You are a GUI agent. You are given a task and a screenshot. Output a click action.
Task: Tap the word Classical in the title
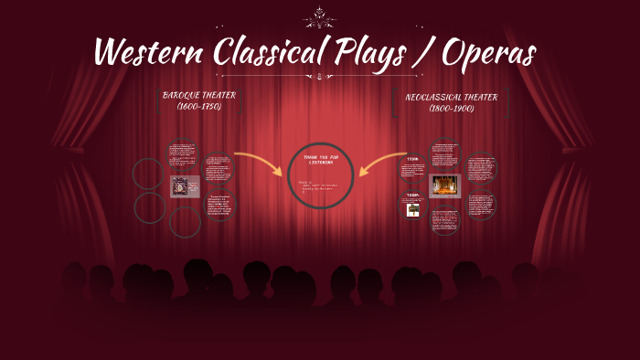pyautogui.click(x=273, y=53)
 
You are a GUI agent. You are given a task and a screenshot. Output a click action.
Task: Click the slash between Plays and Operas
pyautogui.click(x=426, y=53)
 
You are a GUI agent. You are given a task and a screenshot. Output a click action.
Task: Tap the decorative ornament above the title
pyautogui.click(x=319, y=16)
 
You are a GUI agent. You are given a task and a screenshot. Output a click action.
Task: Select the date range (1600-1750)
pyautogui.click(x=199, y=106)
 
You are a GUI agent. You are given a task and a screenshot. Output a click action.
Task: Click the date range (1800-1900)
pyautogui.click(x=451, y=108)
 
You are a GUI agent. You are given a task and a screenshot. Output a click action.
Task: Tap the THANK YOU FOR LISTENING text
pyautogui.click(x=319, y=161)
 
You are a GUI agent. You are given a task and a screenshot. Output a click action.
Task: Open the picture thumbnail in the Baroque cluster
pyautogui.click(x=185, y=186)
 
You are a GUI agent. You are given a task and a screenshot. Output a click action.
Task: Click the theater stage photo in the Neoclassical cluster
pyautogui.click(x=444, y=185)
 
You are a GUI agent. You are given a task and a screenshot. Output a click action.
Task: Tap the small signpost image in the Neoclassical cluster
pyautogui.click(x=413, y=209)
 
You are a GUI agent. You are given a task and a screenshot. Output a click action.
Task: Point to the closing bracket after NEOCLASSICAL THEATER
pyautogui.click(x=507, y=102)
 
